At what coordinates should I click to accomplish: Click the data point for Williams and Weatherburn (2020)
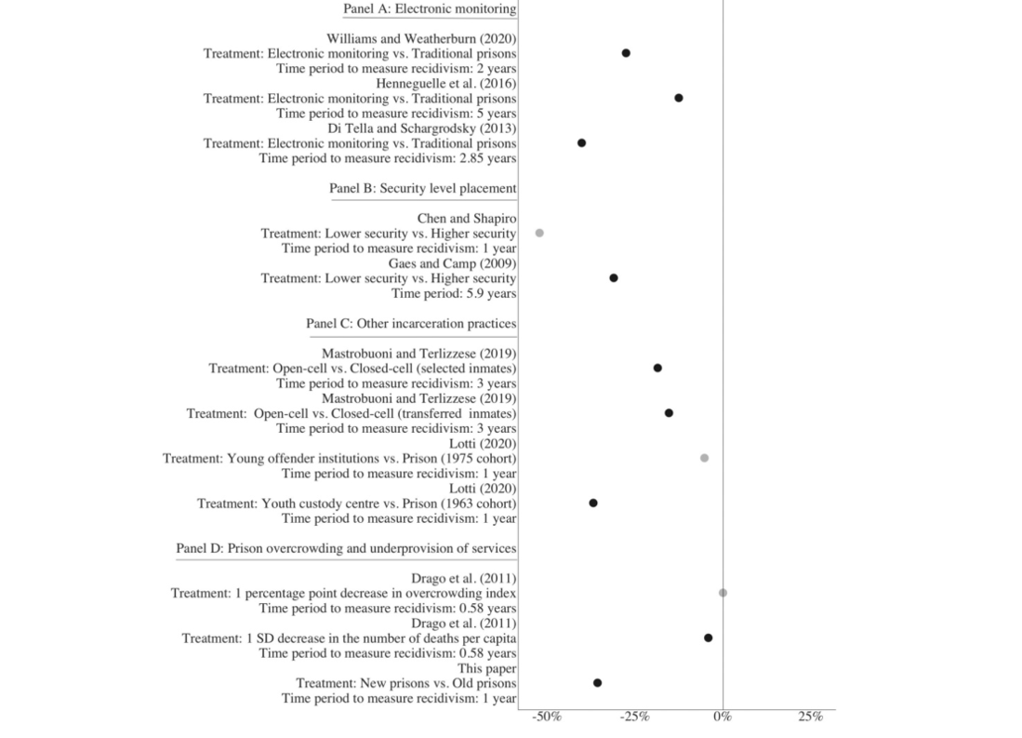click(x=626, y=53)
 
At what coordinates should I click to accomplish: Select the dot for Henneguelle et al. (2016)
click(x=679, y=98)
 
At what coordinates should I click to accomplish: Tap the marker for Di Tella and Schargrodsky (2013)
click(x=581, y=143)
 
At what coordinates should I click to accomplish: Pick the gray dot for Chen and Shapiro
click(x=539, y=233)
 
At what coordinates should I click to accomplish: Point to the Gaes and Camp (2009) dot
click(x=614, y=278)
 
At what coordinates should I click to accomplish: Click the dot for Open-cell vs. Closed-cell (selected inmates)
click(x=657, y=368)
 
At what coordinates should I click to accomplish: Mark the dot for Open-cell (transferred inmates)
click(x=669, y=413)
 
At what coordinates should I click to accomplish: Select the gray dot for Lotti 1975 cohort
click(x=704, y=458)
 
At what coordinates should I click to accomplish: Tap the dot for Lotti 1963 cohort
click(x=593, y=503)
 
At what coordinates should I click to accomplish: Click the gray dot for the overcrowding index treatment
click(x=723, y=593)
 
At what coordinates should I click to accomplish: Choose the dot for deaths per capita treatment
click(x=708, y=638)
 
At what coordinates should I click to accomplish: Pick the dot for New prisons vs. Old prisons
click(x=597, y=683)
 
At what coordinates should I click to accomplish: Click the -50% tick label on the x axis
click(x=546, y=718)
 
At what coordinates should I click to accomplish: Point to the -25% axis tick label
click(x=635, y=718)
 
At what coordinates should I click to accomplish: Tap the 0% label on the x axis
click(x=723, y=718)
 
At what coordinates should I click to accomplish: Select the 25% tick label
click(x=811, y=718)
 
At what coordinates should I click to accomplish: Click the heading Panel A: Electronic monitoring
click(x=430, y=9)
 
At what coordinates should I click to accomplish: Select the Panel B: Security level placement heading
click(x=422, y=189)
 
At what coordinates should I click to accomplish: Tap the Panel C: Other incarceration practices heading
click(x=411, y=324)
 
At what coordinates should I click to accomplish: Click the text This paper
click(x=487, y=669)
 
